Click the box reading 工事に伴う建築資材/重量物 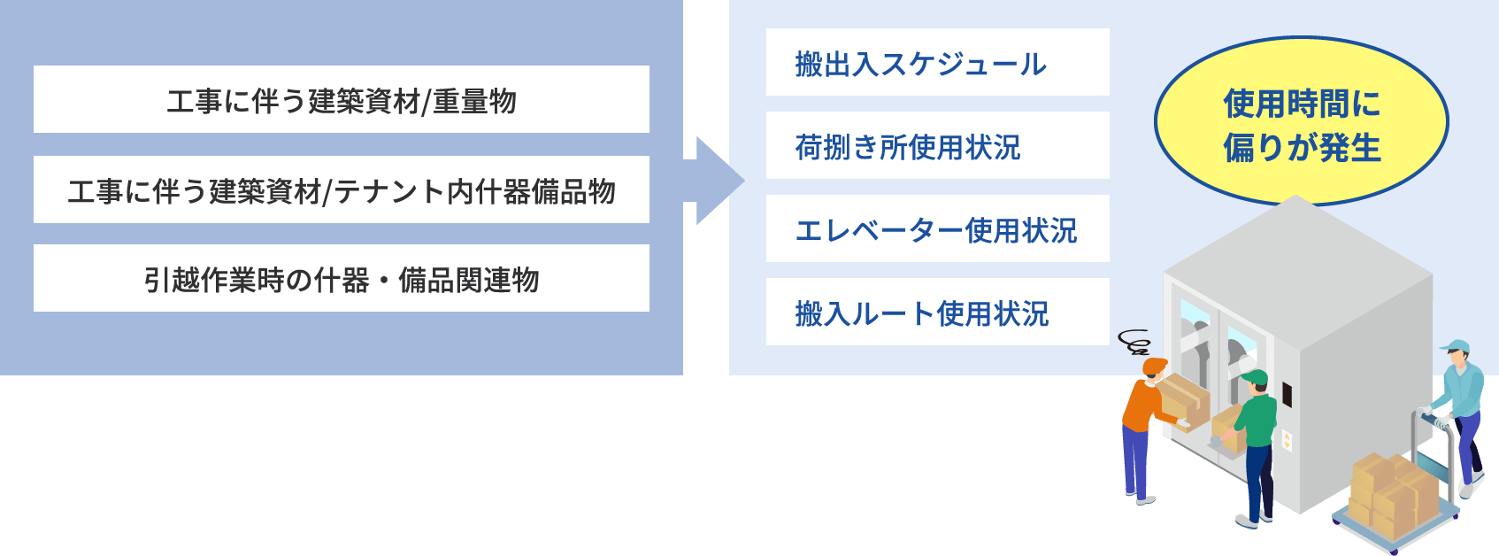click(342, 99)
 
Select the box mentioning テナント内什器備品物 click(342, 189)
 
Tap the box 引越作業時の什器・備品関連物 click(342, 278)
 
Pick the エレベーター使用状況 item click(937, 228)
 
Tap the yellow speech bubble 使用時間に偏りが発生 click(1301, 122)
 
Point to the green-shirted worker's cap click(1256, 379)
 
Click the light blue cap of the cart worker click(1454, 346)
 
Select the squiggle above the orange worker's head click(1134, 341)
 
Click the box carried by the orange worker click(1184, 399)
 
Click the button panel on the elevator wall click(1287, 439)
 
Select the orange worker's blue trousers click(1135, 460)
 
